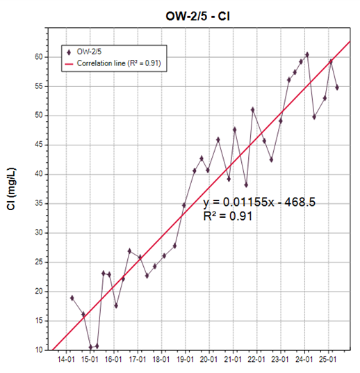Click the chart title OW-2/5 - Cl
[197, 17]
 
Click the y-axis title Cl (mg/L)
[11, 189]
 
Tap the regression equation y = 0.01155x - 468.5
[259, 203]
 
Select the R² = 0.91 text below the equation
[228, 216]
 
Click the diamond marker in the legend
[69, 52]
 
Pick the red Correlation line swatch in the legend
[69, 64]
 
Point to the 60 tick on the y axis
[39, 57]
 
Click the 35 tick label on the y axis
[39, 203]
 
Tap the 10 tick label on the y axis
[39, 350]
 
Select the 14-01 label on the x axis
[66, 359]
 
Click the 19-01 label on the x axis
[186, 359]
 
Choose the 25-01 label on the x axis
[328, 359]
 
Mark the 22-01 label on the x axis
[256, 359]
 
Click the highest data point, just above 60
[307, 55]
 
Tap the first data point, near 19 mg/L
[72, 298]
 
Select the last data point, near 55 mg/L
[337, 87]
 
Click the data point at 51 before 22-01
[252, 110]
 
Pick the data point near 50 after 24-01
[314, 117]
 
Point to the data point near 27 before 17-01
[129, 251]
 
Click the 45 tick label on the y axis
[39, 145]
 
